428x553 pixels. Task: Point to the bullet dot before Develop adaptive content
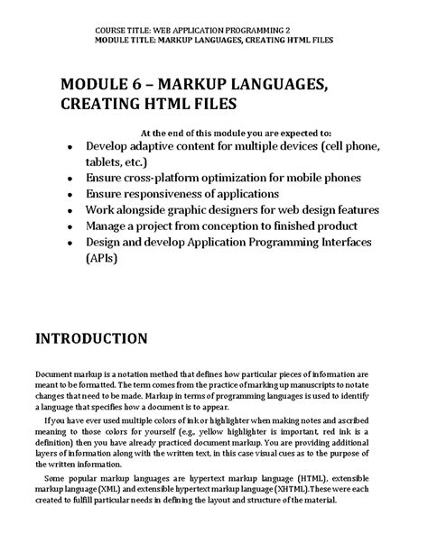click(70, 147)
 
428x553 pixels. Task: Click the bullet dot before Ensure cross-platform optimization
click(70, 179)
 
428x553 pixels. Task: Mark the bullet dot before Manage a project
click(70, 226)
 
